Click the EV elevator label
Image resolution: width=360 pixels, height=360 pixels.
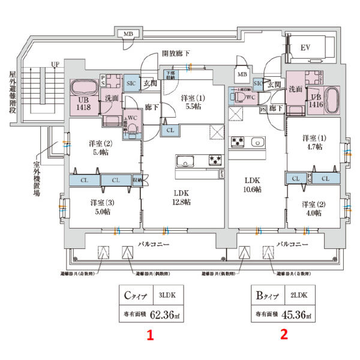point(304,47)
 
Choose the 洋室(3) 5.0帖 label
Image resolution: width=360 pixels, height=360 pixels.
point(101,207)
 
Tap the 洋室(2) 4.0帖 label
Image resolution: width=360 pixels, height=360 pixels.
point(311,208)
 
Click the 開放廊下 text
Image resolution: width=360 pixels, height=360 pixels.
point(176,53)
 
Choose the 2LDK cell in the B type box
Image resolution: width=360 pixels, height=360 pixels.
point(293,295)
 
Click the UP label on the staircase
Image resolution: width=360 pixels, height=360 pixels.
point(56,64)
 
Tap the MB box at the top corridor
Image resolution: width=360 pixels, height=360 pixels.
point(128,34)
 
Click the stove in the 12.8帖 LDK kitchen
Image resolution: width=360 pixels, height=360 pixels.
point(215,160)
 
